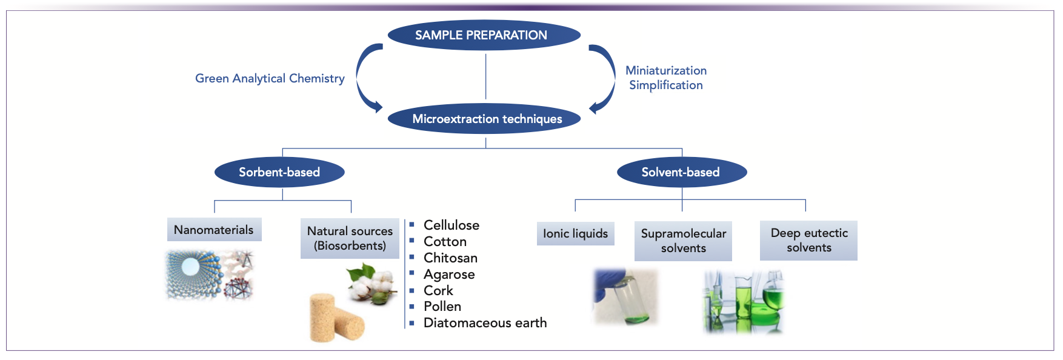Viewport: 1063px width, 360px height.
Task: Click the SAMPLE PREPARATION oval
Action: coord(484,35)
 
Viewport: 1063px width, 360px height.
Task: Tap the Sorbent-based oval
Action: coord(279,172)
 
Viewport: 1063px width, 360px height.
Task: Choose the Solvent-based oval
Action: coord(681,172)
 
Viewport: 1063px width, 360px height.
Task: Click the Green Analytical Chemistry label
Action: coord(270,78)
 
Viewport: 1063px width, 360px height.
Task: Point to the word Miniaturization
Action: coord(666,70)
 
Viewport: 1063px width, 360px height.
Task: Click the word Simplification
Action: coord(666,85)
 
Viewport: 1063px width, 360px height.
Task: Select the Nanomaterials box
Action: coord(214,230)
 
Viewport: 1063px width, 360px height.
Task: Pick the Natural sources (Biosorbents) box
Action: coord(350,238)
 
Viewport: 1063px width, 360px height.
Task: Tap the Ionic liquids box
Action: coord(575,233)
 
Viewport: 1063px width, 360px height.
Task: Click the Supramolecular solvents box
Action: coord(683,241)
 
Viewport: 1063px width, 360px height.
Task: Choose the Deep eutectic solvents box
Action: coord(808,240)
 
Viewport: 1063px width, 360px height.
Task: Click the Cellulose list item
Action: coord(452,225)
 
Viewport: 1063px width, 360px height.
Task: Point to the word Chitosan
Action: coord(450,258)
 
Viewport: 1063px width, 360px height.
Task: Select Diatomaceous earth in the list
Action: coord(485,323)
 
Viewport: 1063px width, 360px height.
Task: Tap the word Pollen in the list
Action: coord(442,307)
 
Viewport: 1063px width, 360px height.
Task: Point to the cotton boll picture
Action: coord(372,282)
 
